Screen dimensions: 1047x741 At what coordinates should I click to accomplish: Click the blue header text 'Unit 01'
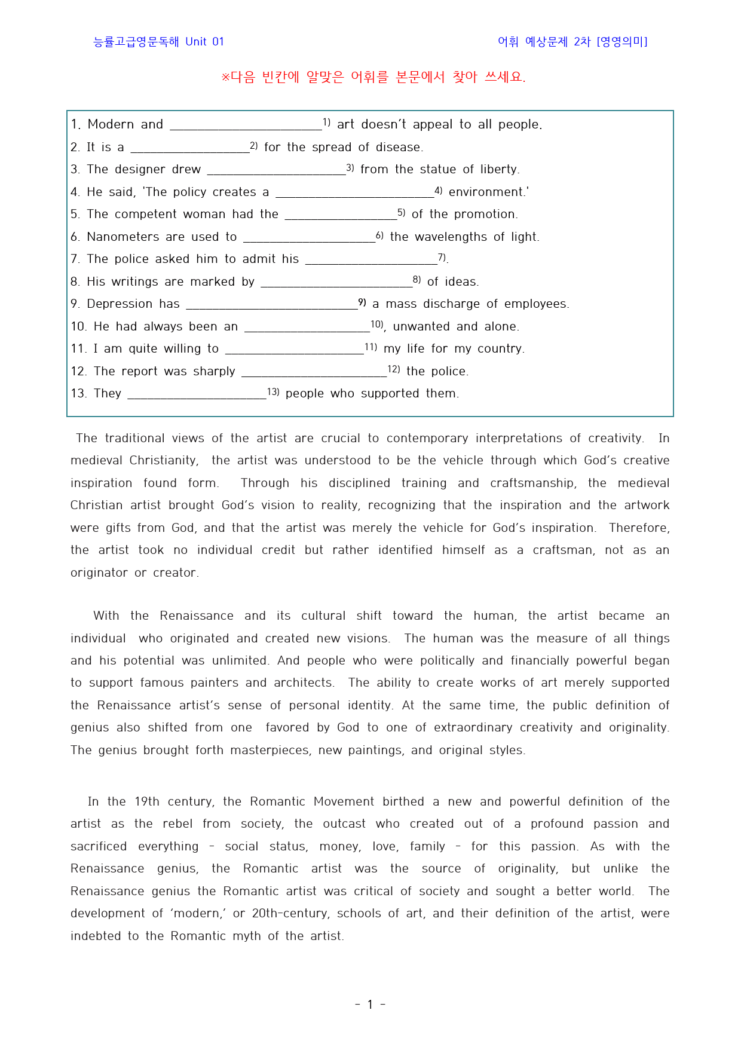204,42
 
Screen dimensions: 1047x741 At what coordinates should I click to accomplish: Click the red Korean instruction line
373,77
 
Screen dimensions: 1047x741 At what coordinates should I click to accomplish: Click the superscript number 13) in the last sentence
273,392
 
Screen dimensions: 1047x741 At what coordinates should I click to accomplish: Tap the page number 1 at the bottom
370,1005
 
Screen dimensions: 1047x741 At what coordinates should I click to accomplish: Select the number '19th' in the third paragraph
147,801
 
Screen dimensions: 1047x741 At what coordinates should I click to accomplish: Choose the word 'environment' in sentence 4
486,192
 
